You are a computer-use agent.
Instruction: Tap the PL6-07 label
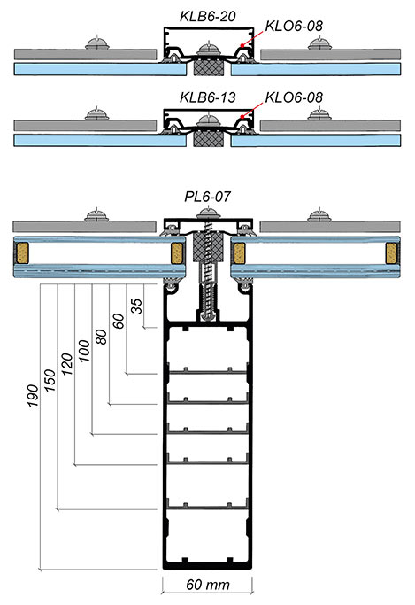pyautogui.click(x=209, y=197)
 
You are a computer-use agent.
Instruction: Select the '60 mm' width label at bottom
pyautogui.click(x=208, y=586)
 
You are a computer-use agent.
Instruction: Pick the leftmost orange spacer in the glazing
pyautogui.click(x=20, y=253)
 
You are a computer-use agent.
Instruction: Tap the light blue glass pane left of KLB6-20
pyautogui.click(x=84, y=67)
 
